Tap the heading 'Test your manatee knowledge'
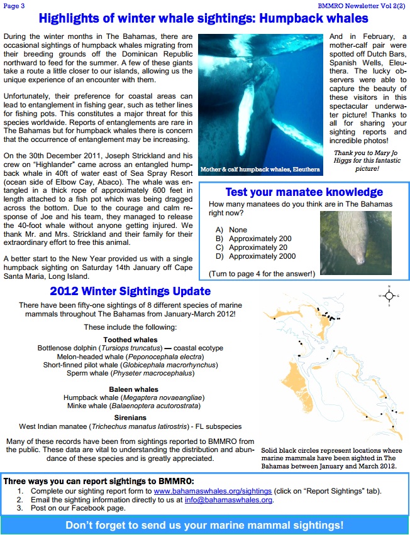coord(304,192)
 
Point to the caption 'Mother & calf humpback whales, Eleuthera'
coord(260,170)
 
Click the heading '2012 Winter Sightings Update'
coord(130,291)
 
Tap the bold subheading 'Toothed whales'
coord(130,340)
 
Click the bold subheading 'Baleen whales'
coord(133,389)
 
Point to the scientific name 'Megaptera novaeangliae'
coord(167,397)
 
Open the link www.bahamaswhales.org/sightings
coord(213,490)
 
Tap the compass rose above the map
coord(390,295)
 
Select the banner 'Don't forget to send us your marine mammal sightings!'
coord(204,524)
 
